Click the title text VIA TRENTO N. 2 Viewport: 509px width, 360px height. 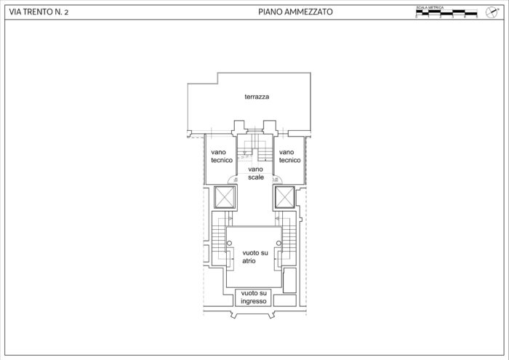pyautogui.click(x=35, y=12)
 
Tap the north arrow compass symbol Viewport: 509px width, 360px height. pyautogui.click(x=490, y=12)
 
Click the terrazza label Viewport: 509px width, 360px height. pyautogui.click(x=257, y=97)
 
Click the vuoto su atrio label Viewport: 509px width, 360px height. pyautogui.click(x=254, y=256)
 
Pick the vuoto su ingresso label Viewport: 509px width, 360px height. pyautogui.click(x=254, y=297)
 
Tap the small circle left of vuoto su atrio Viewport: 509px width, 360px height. pyautogui.click(x=229, y=243)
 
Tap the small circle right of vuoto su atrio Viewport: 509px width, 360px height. pyautogui.click(x=278, y=243)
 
